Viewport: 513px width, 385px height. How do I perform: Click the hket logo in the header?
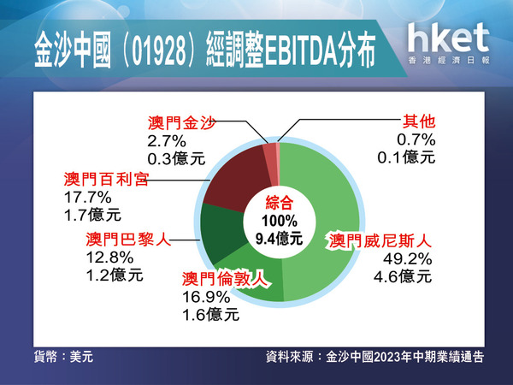(x=449, y=44)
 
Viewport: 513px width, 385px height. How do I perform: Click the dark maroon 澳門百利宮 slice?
(x=236, y=179)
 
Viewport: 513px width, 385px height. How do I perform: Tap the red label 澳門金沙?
(x=181, y=122)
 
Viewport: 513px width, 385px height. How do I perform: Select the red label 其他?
(x=419, y=121)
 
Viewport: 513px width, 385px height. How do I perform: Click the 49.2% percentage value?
(x=407, y=259)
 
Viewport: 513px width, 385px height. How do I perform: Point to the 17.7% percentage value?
(x=88, y=198)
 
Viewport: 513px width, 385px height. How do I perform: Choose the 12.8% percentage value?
(x=109, y=258)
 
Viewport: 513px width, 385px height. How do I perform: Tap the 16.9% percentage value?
(x=206, y=297)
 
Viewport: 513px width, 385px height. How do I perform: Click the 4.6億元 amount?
(x=403, y=276)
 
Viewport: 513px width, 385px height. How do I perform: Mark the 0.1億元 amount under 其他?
(x=406, y=157)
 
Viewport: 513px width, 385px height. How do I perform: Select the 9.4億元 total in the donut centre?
(x=279, y=239)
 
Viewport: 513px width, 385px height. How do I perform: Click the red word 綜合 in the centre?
(x=279, y=203)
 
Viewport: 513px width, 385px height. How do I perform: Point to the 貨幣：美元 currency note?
(x=63, y=357)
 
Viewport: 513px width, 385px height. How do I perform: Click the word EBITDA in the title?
(x=301, y=51)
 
